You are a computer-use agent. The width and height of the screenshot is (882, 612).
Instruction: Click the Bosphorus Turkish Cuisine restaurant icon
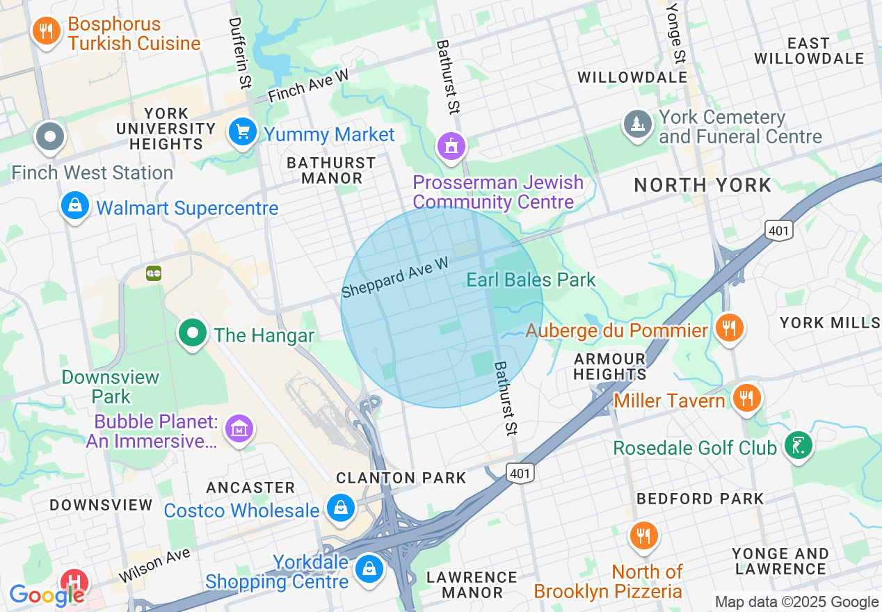click(x=47, y=31)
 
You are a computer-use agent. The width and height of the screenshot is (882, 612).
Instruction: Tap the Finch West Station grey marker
click(x=51, y=136)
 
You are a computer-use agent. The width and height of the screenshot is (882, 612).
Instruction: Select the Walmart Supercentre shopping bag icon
click(x=74, y=206)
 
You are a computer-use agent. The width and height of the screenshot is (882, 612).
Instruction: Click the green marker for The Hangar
click(x=193, y=333)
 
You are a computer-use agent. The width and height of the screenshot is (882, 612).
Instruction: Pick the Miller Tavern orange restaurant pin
click(x=746, y=398)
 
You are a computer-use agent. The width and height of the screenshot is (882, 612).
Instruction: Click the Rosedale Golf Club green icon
click(x=798, y=446)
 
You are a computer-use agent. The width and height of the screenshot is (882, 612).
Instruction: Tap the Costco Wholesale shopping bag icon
click(x=341, y=508)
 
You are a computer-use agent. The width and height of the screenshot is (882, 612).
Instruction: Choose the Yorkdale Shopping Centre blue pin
click(x=369, y=568)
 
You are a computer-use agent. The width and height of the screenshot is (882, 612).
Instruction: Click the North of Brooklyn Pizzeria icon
click(x=644, y=536)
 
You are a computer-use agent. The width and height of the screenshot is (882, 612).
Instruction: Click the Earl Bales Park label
click(x=531, y=280)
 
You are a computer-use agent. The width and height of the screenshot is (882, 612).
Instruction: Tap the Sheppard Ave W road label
click(x=394, y=277)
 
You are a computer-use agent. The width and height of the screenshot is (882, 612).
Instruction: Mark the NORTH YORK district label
click(x=703, y=185)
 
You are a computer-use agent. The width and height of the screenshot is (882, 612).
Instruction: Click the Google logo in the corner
click(x=47, y=595)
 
